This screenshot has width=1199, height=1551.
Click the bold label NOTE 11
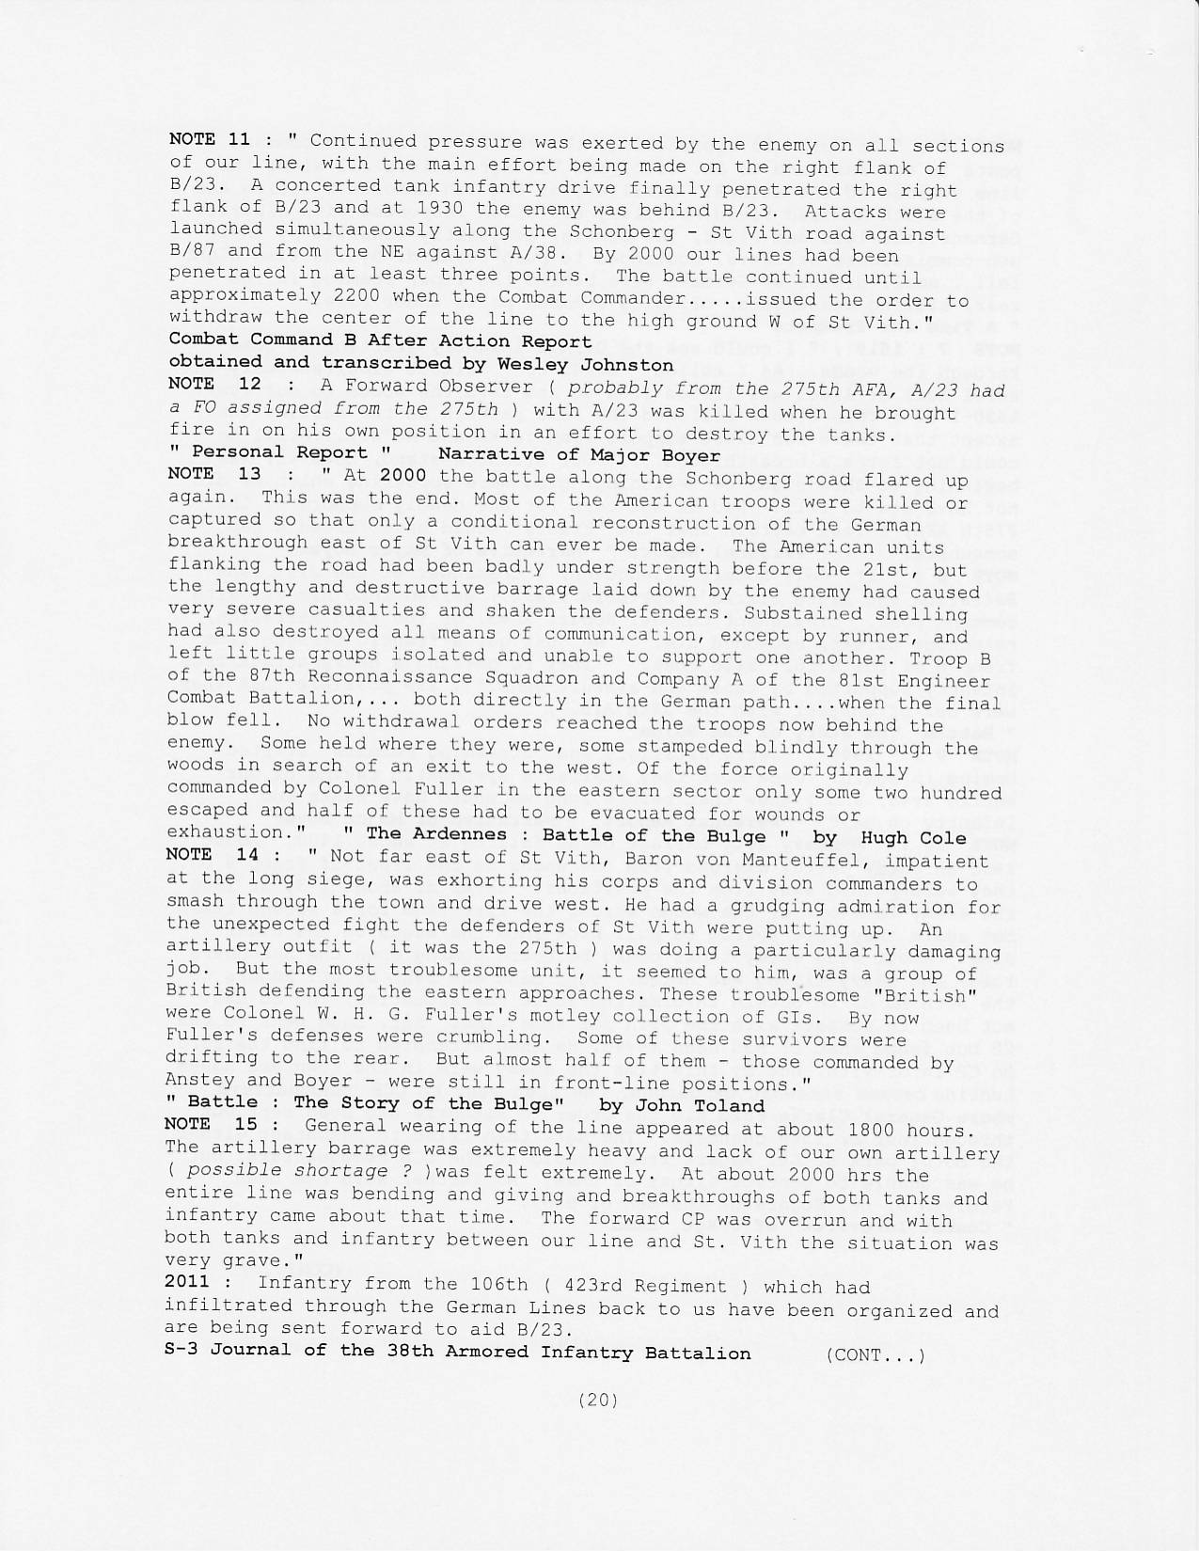209,138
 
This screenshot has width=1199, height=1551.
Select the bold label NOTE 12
213,384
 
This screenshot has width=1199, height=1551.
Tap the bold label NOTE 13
213,473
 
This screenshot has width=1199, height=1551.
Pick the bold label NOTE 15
211,1124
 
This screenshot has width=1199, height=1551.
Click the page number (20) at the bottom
598,1399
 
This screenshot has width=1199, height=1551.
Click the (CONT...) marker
875,1354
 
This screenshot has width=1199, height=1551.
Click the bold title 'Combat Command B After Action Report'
380,340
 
